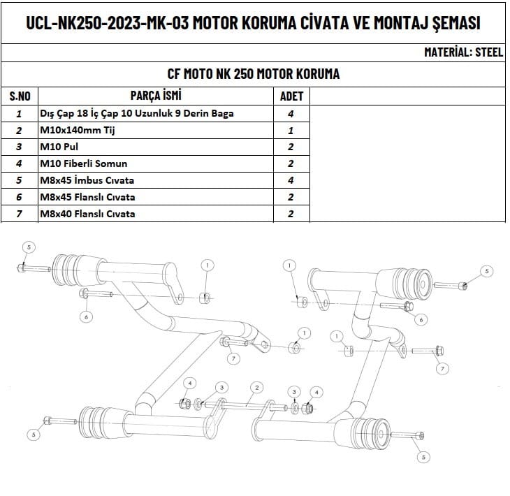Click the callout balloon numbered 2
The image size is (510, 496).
[257, 387]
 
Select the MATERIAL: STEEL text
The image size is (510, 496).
[463, 52]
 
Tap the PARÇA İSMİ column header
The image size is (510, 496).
[156, 96]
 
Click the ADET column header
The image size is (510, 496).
[291, 96]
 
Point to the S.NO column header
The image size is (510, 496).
[20, 96]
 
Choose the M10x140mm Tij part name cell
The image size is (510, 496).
[77, 130]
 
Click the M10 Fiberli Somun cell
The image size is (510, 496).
[84, 163]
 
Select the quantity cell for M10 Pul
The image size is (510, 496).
[291, 147]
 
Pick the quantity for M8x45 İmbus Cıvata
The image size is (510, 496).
[291, 180]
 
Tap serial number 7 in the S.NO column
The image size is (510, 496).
[20, 214]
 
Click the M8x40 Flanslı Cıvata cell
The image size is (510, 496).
[87, 214]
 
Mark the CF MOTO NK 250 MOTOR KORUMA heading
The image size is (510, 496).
[254, 74]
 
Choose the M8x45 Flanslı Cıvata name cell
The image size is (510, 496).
[87, 197]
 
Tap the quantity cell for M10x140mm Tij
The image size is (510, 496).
[291, 130]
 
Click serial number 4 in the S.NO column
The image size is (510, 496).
[20, 163]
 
